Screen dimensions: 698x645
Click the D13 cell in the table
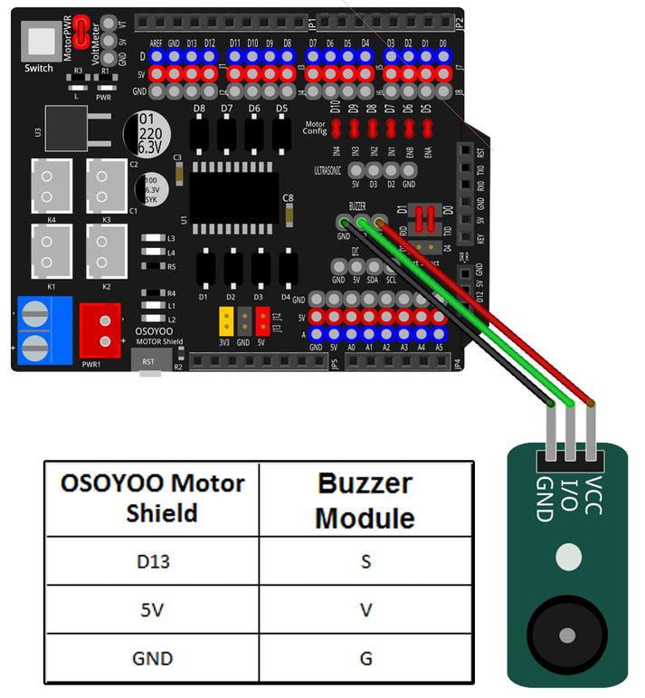tap(151, 561)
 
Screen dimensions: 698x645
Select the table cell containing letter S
tap(365, 561)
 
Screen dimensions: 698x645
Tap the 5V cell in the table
tap(151, 610)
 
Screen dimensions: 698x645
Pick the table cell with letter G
tap(365, 658)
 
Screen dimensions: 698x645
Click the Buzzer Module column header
tap(365, 500)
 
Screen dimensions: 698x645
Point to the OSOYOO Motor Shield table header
tap(151, 497)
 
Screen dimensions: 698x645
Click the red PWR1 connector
tap(100, 327)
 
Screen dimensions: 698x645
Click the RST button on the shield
tap(149, 359)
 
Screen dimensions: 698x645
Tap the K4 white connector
tap(51, 185)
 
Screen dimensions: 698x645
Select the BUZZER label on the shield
tap(364, 206)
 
